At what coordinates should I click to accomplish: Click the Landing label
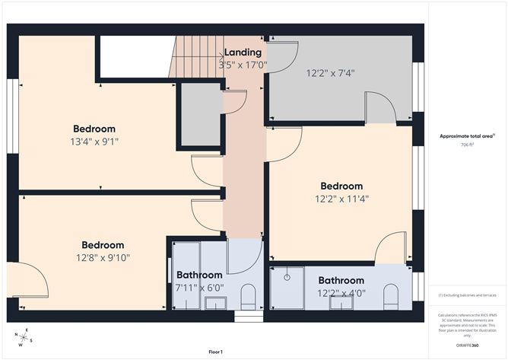(243, 53)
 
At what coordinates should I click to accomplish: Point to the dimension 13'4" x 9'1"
(94, 141)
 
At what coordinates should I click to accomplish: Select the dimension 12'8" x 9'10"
(103, 257)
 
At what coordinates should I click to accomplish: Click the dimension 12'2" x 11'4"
(341, 199)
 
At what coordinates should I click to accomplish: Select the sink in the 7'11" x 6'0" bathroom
(215, 303)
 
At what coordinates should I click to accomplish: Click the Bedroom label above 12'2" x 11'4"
(341, 186)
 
